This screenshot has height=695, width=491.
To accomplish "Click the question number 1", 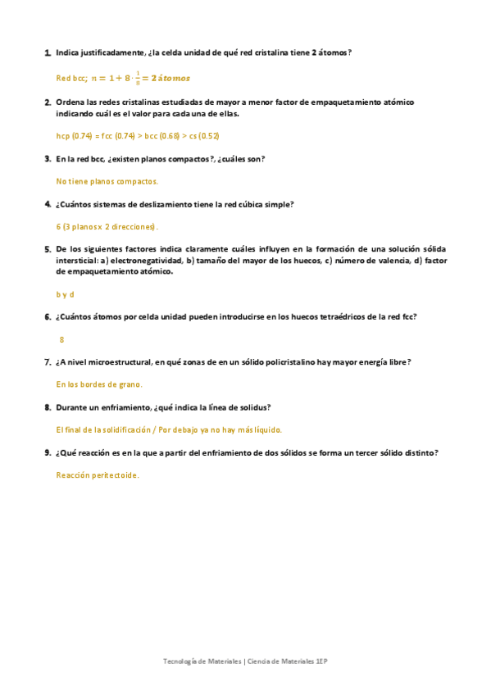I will coord(47,52).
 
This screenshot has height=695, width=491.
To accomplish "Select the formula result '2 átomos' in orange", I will coord(170,79).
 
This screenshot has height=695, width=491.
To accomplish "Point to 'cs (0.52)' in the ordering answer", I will coord(203,136).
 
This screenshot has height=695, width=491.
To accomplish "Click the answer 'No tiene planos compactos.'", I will coord(107,181).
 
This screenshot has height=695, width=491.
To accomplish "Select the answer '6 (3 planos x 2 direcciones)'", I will coord(107,226).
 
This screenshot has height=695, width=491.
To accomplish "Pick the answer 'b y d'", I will coord(66,294).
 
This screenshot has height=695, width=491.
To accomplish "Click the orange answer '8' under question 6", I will coord(61,338).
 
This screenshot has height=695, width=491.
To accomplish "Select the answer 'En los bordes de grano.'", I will coord(99,384).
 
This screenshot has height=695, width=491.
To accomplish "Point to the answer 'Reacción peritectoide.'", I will coord(98,475).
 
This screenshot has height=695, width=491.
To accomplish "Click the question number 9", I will coord(47,452).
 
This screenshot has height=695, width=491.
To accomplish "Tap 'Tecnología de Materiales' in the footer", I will coord(202,661).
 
